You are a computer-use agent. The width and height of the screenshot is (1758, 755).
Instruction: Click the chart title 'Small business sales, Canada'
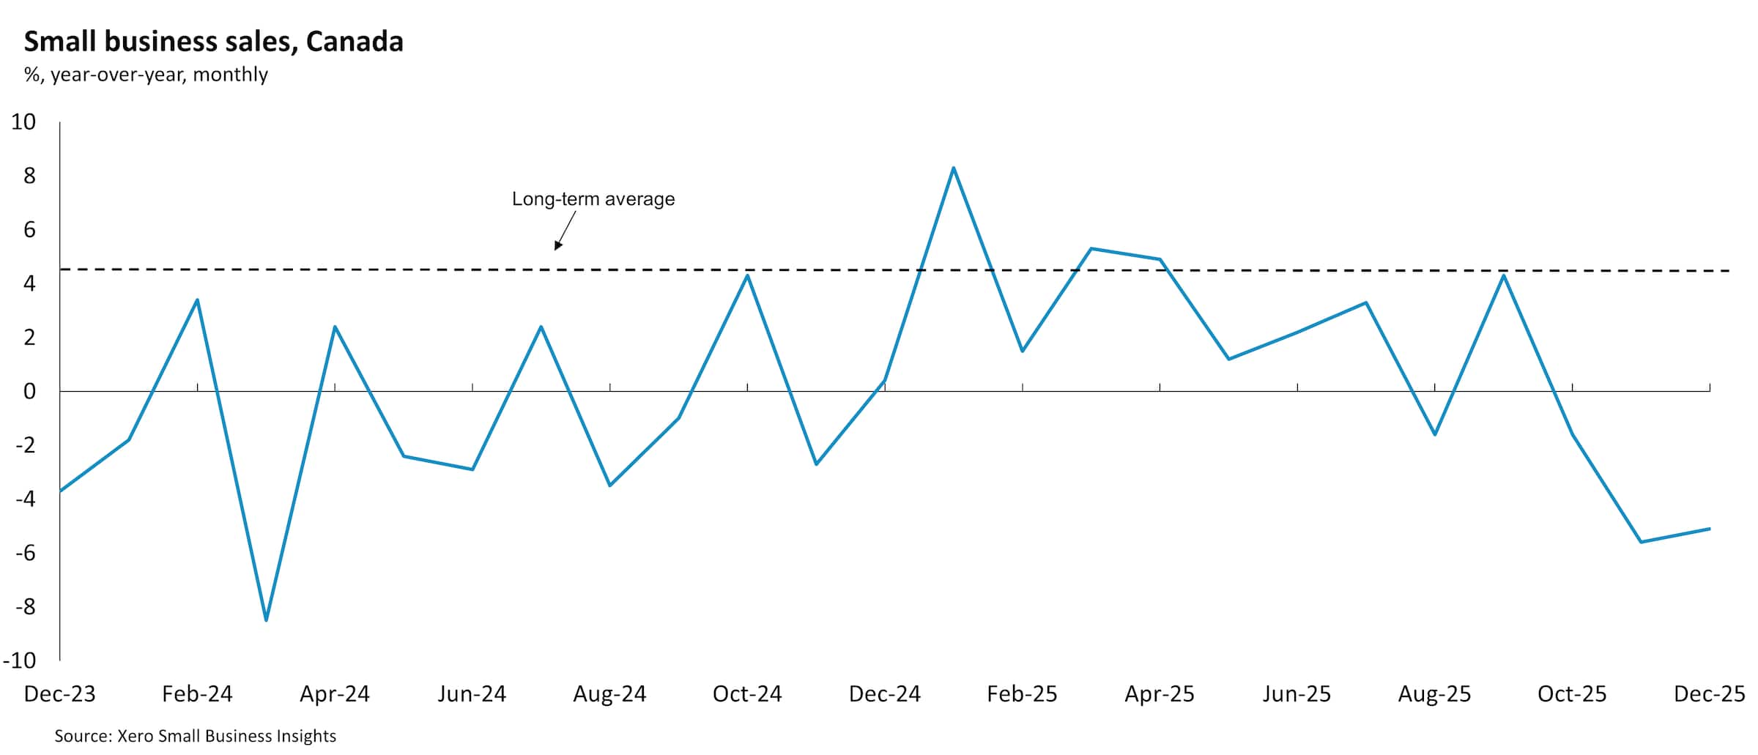pyautogui.click(x=213, y=42)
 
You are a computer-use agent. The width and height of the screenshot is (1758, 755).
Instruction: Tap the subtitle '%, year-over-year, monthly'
pyautogui.click(x=146, y=75)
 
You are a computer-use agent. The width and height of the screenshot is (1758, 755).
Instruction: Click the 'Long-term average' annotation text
pyautogui.click(x=593, y=199)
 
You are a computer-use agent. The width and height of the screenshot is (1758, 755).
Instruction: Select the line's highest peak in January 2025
pyautogui.click(x=953, y=168)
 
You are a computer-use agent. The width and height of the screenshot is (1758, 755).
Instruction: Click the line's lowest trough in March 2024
pyautogui.click(x=266, y=620)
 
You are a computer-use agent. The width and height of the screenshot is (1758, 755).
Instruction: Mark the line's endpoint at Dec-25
pyautogui.click(x=1709, y=529)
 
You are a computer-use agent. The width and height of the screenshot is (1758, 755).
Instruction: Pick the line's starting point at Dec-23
pyautogui.click(x=60, y=491)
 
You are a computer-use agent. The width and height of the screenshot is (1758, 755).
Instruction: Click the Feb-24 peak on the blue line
pyautogui.click(x=197, y=300)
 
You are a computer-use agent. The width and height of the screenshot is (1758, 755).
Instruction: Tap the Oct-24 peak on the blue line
pyautogui.click(x=747, y=275)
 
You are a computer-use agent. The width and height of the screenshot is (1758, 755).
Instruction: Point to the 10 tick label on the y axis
pyautogui.click(x=23, y=122)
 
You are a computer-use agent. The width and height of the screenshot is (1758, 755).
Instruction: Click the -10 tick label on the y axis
pyautogui.click(x=20, y=661)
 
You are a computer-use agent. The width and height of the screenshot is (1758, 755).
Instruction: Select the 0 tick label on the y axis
pyautogui.click(x=29, y=391)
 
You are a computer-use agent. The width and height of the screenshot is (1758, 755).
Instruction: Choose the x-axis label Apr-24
pyautogui.click(x=335, y=693)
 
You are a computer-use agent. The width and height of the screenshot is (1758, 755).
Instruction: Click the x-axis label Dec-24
pyautogui.click(x=884, y=693)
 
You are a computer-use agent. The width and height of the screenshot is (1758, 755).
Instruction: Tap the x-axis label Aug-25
pyautogui.click(x=1434, y=693)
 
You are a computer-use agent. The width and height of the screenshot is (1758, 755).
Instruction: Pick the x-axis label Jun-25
pyautogui.click(x=1297, y=693)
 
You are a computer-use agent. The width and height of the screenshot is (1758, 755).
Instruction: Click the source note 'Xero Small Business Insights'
pyautogui.click(x=195, y=736)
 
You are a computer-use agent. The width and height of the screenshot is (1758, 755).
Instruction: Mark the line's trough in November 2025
pyautogui.click(x=1641, y=542)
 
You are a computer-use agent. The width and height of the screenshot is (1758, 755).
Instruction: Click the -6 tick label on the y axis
pyautogui.click(x=25, y=553)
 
